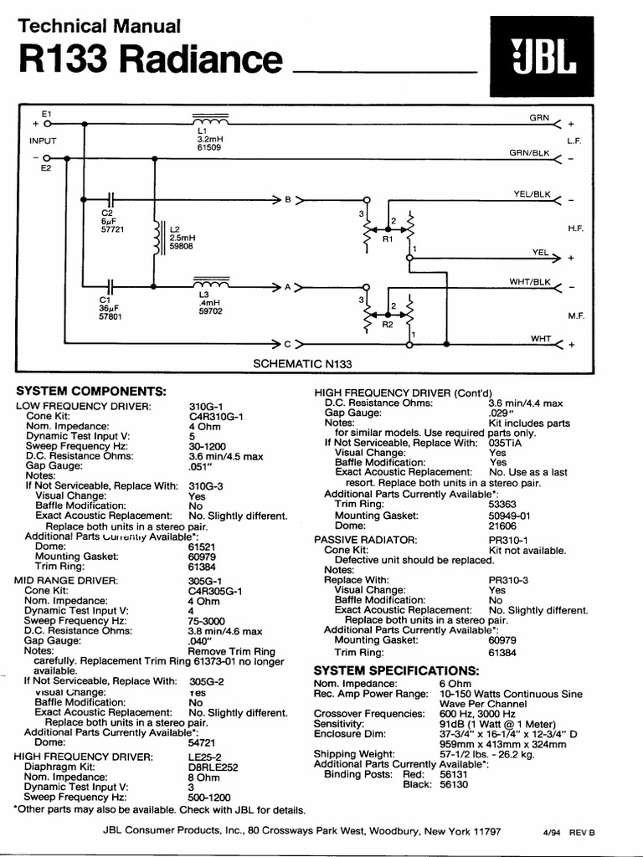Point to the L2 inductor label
click(x=174, y=228)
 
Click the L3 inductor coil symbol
click(x=211, y=281)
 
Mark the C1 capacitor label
click(x=105, y=298)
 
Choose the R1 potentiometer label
click(x=388, y=239)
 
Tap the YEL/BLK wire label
click(x=532, y=194)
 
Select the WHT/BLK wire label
click(x=531, y=282)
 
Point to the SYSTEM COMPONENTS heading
click(x=92, y=391)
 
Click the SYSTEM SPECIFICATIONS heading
click(x=396, y=671)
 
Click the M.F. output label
click(x=574, y=315)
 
